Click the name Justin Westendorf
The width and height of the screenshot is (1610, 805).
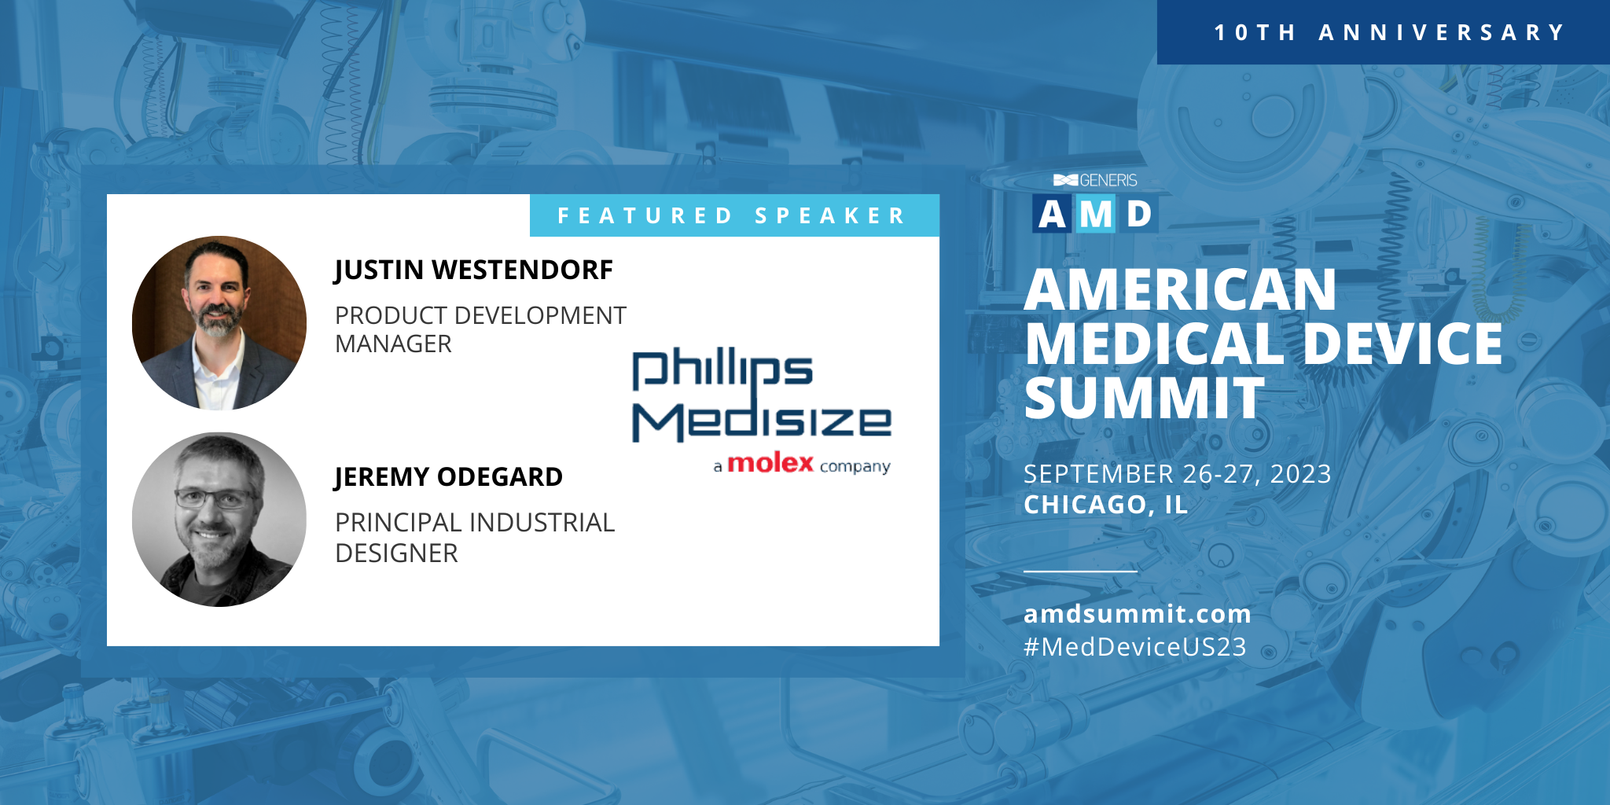[473, 270]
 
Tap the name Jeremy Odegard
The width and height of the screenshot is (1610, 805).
[448, 477]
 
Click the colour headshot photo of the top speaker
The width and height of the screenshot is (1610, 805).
[219, 323]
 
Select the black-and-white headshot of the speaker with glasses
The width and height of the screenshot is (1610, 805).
[219, 520]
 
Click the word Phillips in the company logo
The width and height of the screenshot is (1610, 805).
[722, 369]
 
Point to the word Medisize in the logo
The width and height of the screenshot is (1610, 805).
[762, 421]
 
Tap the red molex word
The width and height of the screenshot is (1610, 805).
[770, 463]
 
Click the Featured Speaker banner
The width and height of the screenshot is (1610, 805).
[734, 215]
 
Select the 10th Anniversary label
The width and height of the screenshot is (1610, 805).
[1390, 32]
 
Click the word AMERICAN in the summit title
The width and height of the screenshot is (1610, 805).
[1180, 290]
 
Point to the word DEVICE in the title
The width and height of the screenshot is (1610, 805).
[1403, 344]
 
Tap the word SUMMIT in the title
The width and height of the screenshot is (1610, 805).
[1145, 398]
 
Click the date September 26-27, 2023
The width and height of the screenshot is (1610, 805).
[1177, 474]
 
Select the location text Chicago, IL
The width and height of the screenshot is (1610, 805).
[1105, 505]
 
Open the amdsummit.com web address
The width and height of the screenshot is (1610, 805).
[1138, 613]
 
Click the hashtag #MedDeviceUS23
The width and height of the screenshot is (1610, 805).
[1135, 647]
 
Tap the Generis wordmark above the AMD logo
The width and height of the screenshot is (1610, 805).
[1095, 180]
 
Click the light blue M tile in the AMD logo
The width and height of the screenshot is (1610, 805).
[1096, 214]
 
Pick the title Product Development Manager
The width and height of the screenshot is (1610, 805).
[480, 330]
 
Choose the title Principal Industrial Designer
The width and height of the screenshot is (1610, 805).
[475, 539]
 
